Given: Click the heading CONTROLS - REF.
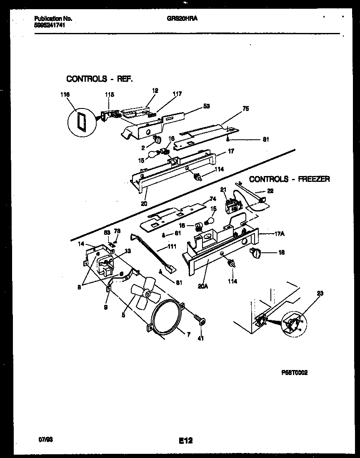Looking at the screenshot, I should click(x=100, y=79).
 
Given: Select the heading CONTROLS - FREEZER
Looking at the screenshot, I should click(x=290, y=179).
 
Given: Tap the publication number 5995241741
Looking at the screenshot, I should click(x=49, y=25).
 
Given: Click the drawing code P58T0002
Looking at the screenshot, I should click(x=295, y=373).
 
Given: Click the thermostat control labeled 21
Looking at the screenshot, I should click(x=232, y=206).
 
